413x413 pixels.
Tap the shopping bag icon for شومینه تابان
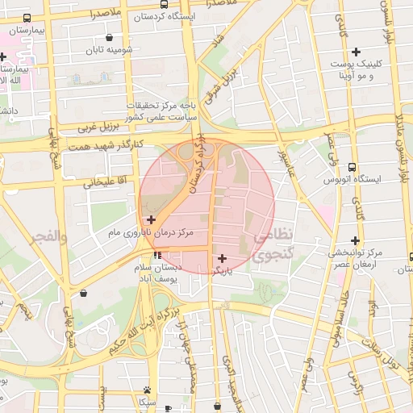click(109, 37)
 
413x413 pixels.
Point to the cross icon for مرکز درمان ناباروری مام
click(151, 219)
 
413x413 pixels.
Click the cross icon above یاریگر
click(223, 258)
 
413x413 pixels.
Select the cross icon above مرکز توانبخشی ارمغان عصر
click(356, 240)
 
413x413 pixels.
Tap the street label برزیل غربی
click(98, 127)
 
